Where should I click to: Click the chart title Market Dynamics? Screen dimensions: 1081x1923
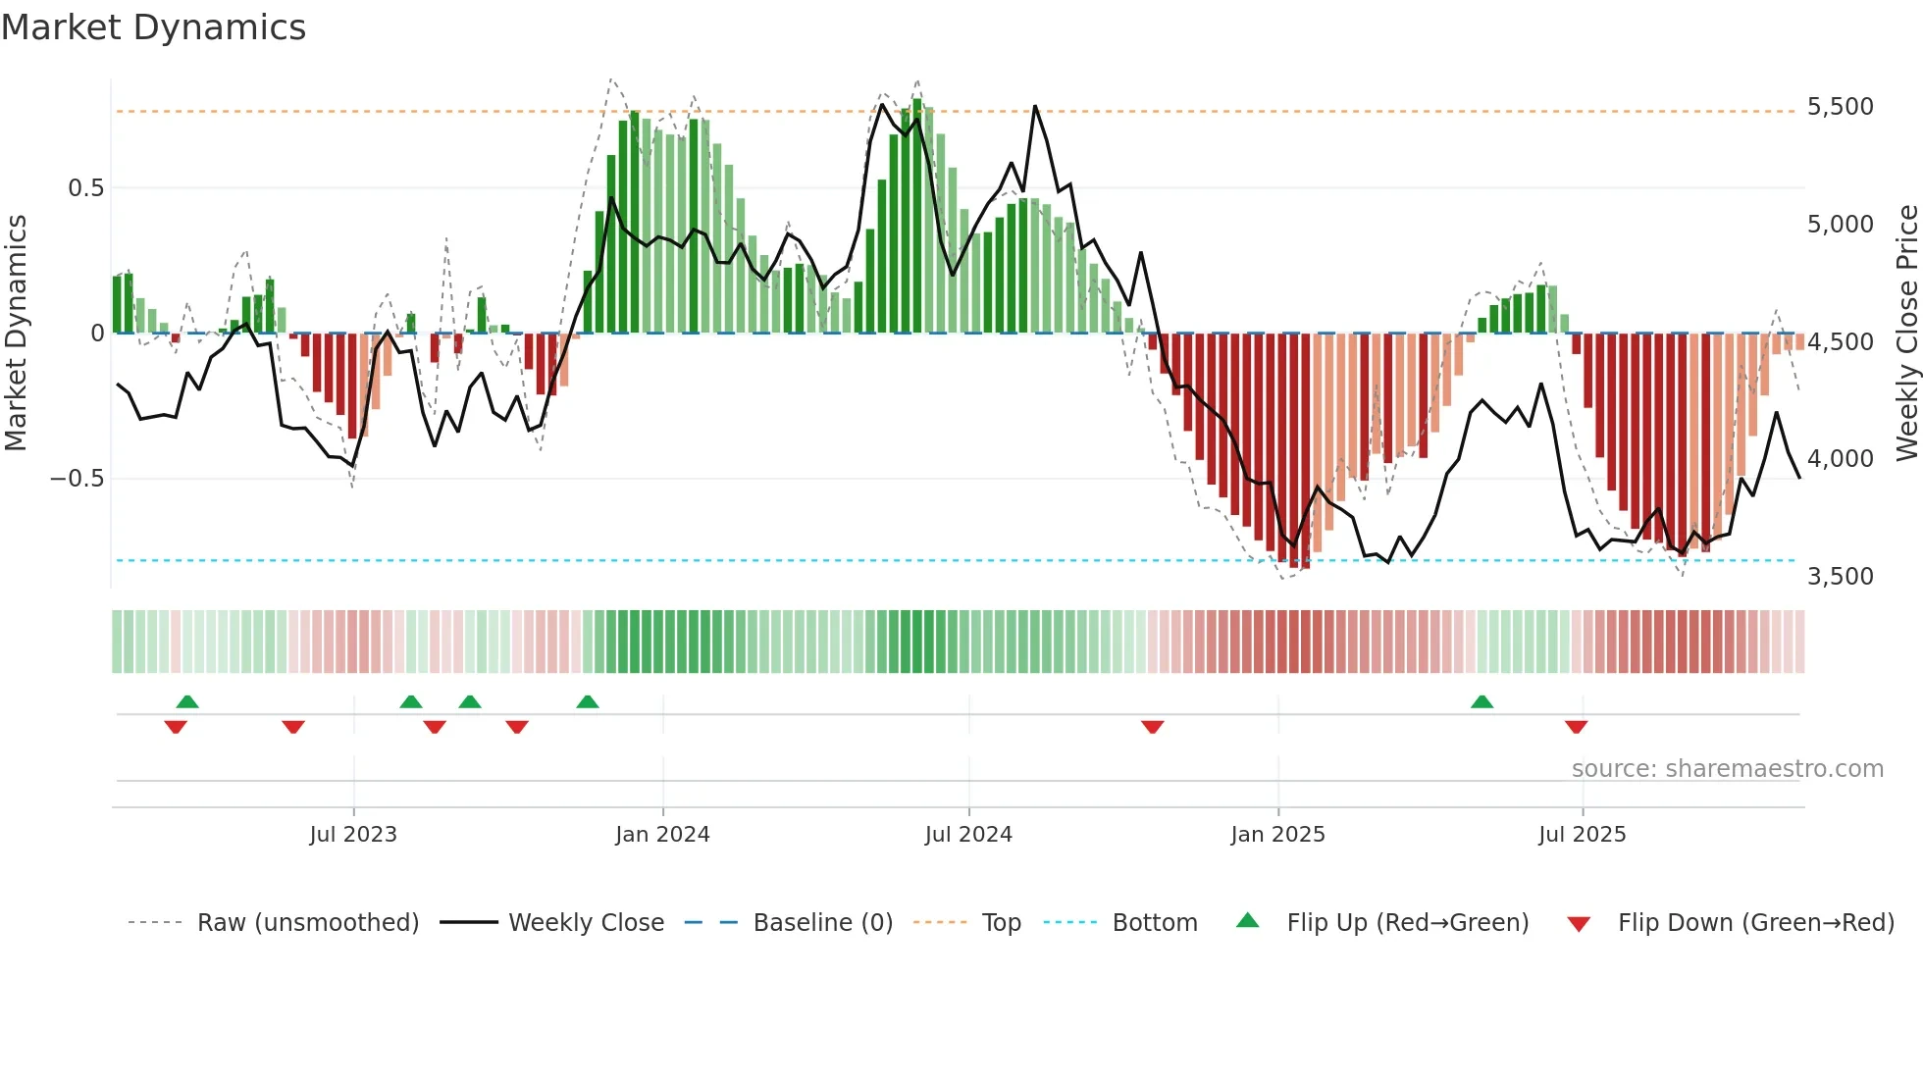pyautogui.click(x=154, y=27)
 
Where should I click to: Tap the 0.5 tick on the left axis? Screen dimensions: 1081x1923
pyautogui.click(x=85, y=188)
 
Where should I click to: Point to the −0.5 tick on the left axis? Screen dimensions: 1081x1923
pyautogui.click(x=78, y=479)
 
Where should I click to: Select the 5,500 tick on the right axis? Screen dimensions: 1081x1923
pyautogui.click(x=1840, y=107)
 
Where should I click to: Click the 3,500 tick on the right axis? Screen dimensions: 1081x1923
pyautogui.click(x=1840, y=576)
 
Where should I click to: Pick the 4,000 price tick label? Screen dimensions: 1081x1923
pyautogui.click(x=1840, y=459)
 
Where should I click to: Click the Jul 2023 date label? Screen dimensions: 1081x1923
pyautogui.click(x=353, y=835)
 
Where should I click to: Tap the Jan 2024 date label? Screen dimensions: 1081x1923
pyautogui.click(x=662, y=835)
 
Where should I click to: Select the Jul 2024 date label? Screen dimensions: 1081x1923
pyautogui.click(x=968, y=835)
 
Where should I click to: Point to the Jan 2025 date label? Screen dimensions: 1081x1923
pyautogui.click(x=1277, y=835)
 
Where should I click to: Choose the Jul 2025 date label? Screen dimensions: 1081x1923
pyautogui.click(x=1582, y=835)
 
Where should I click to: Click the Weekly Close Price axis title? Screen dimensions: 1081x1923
pyautogui.click(x=1906, y=334)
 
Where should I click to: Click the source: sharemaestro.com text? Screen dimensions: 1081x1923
pyautogui.click(x=1727, y=769)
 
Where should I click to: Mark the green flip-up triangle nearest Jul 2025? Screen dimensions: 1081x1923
pyautogui.click(x=1481, y=701)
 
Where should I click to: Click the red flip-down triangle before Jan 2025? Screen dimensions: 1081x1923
pyautogui.click(x=1153, y=727)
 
